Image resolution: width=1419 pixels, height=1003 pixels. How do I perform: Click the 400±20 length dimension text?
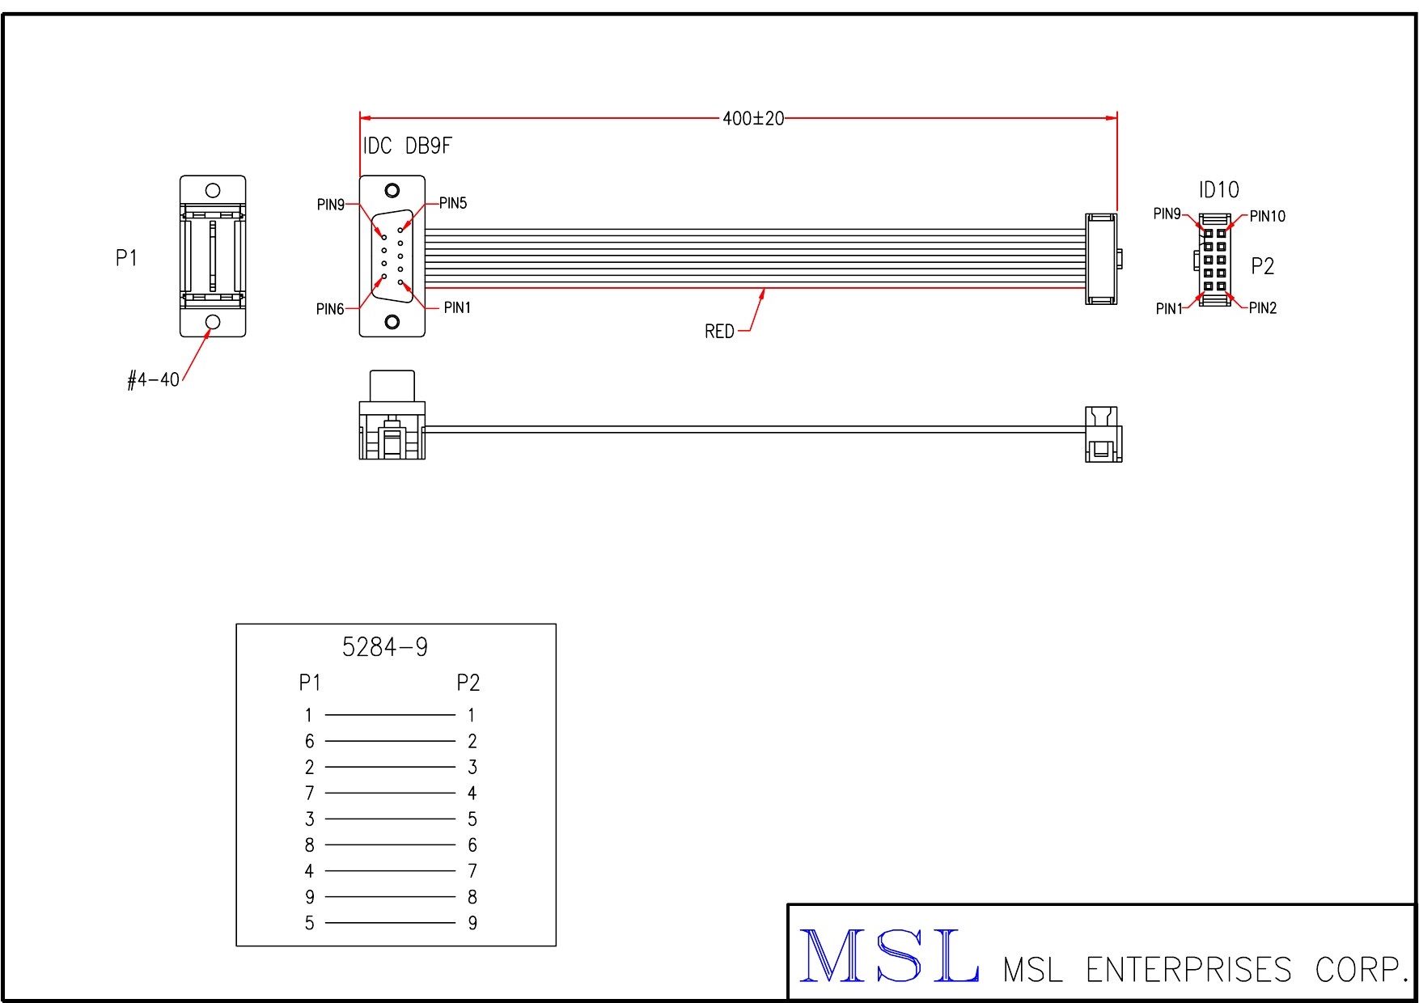click(752, 119)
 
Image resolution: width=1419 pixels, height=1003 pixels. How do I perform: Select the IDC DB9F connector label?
click(407, 146)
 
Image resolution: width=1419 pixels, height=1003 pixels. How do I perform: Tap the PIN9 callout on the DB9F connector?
click(330, 205)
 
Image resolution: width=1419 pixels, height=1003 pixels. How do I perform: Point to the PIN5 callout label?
click(453, 204)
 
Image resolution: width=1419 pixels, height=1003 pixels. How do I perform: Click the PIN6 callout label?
click(330, 309)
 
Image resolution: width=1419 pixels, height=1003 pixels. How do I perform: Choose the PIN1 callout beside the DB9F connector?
click(457, 308)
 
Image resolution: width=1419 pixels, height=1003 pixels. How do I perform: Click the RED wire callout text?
click(719, 332)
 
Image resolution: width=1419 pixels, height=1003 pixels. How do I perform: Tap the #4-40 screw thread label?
click(154, 380)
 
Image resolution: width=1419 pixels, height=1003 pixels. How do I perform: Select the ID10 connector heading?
click(1218, 190)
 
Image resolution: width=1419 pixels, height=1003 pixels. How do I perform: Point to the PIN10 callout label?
click(1267, 217)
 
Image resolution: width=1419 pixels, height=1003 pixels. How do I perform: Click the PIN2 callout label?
click(1262, 308)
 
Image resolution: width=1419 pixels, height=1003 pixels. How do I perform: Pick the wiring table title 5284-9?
click(385, 647)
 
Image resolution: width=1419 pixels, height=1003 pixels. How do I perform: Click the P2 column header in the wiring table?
click(468, 683)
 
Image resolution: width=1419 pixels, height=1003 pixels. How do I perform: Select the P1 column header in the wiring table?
click(310, 683)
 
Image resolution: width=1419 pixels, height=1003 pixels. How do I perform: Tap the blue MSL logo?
click(889, 957)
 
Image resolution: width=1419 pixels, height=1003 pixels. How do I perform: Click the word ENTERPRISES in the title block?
click(1188, 970)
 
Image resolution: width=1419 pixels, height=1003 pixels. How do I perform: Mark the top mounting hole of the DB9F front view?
click(392, 191)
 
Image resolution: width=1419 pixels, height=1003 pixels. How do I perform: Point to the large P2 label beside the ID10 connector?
click(1262, 266)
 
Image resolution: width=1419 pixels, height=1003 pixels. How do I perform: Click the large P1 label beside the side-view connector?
click(126, 258)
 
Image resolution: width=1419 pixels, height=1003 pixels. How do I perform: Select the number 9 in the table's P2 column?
click(472, 923)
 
